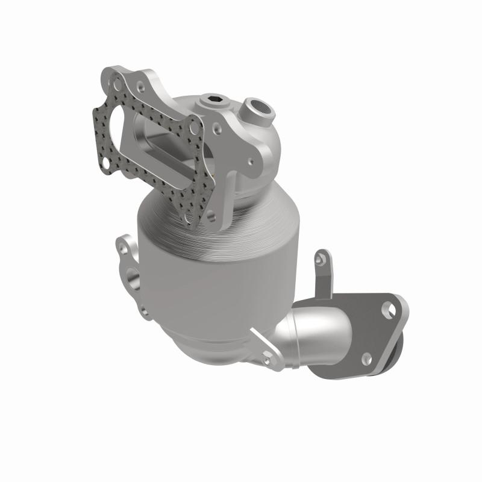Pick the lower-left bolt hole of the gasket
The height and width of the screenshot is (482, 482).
107,161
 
